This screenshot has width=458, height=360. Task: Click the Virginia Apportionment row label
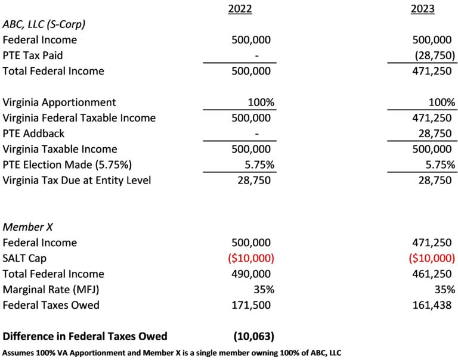[60, 102]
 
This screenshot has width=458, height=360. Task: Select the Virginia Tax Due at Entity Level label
[76, 179]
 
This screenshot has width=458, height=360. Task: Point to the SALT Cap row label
[26, 258]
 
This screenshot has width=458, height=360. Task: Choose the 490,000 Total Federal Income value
[251, 274]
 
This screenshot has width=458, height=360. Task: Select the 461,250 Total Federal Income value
[432, 274]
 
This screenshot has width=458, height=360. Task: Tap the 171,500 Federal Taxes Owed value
[251, 305]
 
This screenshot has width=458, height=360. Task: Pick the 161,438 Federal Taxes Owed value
[432, 305]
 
